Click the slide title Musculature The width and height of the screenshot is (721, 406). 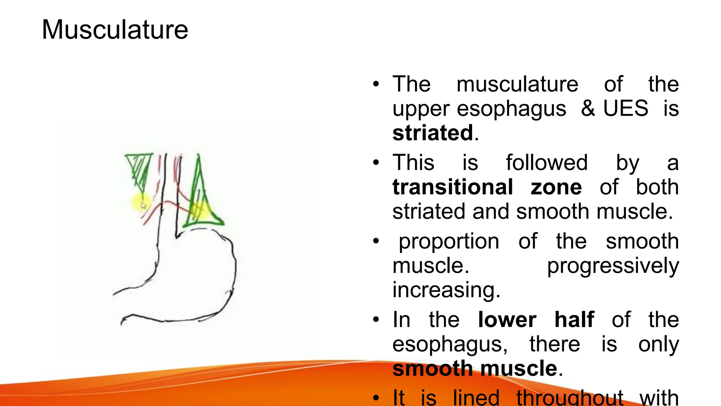[x=115, y=30]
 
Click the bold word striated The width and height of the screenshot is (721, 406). [x=433, y=133]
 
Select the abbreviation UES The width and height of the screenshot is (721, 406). [x=626, y=108]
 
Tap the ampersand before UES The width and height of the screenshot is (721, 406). [x=588, y=108]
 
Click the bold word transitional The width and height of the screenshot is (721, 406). [x=453, y=187]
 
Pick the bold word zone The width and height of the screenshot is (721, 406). [x=556, y=187]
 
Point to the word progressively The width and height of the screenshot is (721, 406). [x=613, y=266]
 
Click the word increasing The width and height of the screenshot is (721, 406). [x=446, y=290]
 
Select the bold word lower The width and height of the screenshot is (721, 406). [x=507, y=320]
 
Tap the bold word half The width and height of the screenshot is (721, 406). [x=574, y=320]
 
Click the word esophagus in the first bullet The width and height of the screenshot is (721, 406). [x=511, y=109]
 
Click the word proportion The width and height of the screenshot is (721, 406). [x=449, y=241]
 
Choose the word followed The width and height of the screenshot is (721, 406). [x=547, y=163]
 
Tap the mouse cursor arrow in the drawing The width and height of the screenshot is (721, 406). [x=143, y=205]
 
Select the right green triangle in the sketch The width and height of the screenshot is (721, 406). [x=201, y=201]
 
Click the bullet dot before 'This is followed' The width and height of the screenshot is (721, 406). [x=376, y=163]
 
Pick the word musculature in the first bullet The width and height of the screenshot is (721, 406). [x=517, y=84]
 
